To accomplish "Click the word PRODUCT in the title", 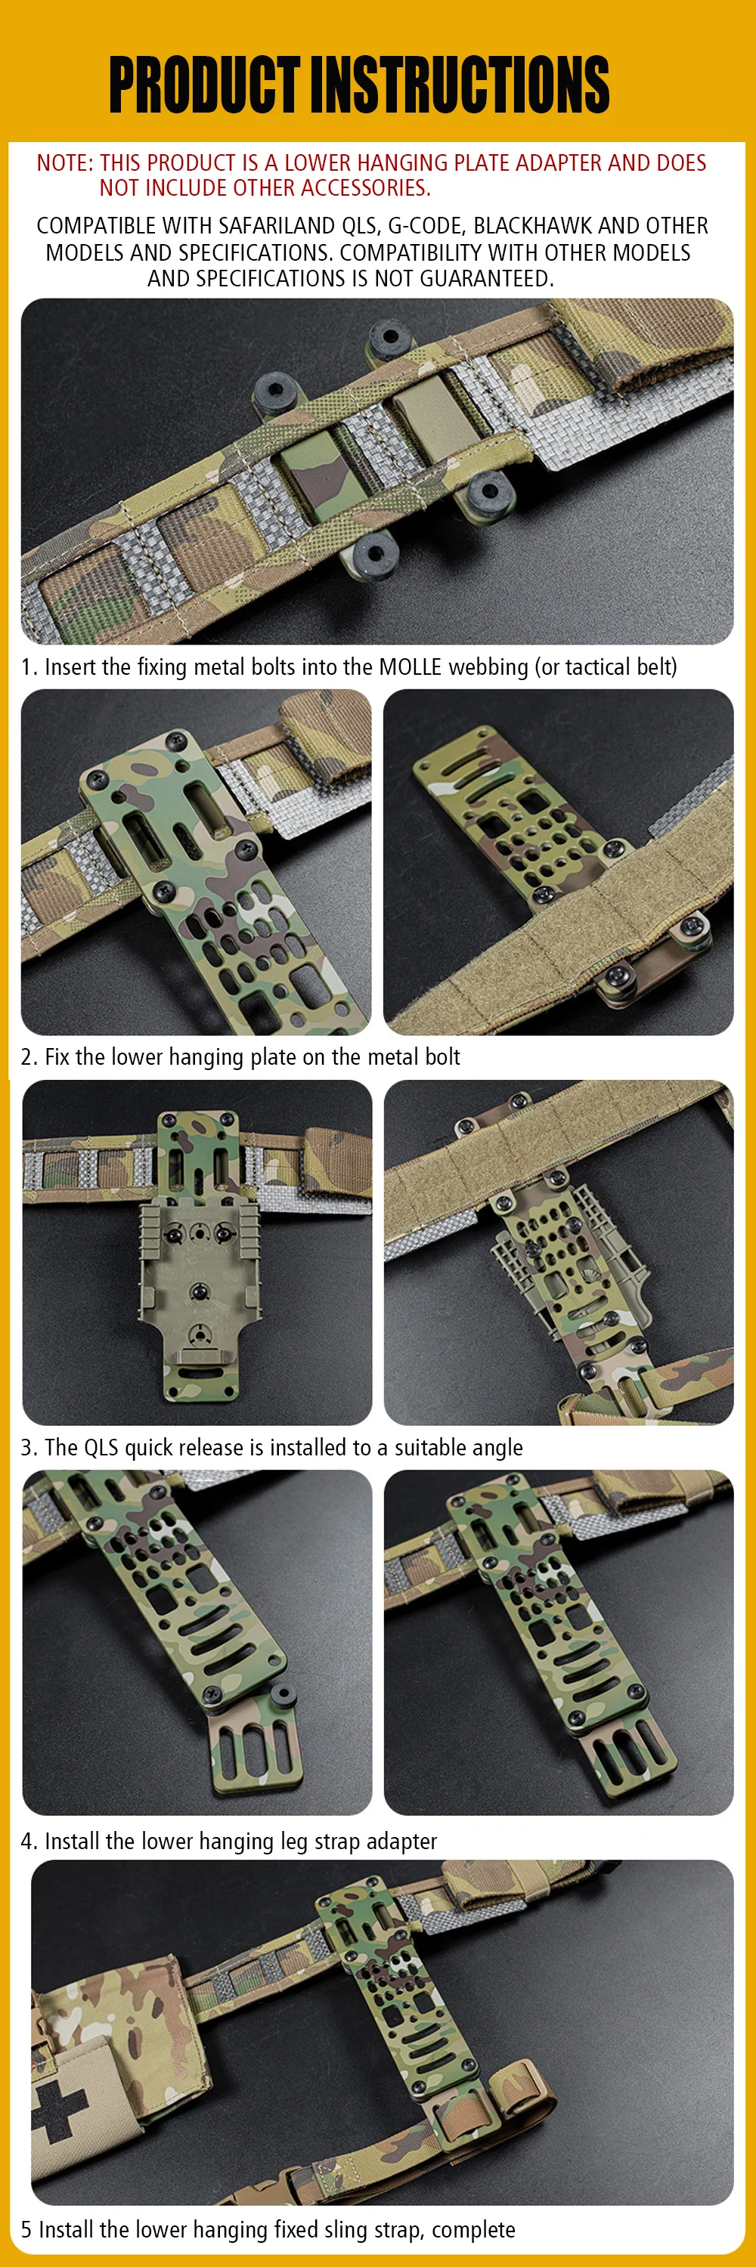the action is click(204, 85).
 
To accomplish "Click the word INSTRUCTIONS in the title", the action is click(460, 85).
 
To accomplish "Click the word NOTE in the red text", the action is click(64, 162).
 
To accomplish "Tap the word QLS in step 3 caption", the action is click(101, 1448).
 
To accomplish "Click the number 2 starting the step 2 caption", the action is click(27, 1056).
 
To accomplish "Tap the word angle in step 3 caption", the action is click(497, 1449).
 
